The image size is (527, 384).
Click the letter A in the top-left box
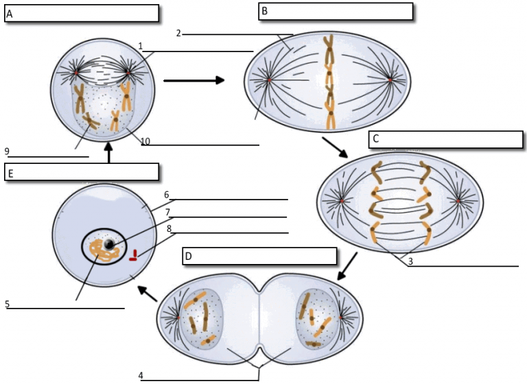point(10,13)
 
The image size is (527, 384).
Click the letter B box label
point(264,11)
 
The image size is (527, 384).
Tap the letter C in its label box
point(375,139)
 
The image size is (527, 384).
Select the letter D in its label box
point(188,257)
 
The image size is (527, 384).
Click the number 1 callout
point(140,46)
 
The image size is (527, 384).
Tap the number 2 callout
point(178,33)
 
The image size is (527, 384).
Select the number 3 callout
point(410,261)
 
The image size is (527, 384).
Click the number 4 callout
point(141,375)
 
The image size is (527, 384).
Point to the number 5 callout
point(8,303)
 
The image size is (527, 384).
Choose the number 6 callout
point(166,195)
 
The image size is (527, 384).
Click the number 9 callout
point(6,151)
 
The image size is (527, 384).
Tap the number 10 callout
point(145,142)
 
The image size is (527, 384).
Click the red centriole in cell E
point(134,256)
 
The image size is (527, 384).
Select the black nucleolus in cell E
point(109,244)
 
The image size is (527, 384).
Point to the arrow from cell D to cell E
point(148,293)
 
